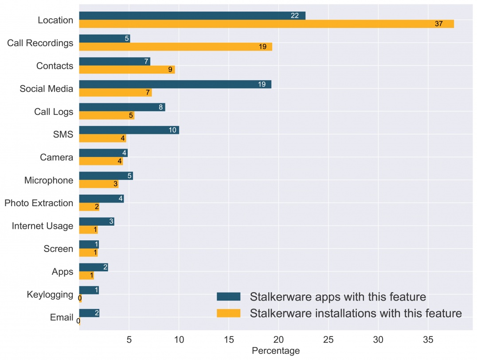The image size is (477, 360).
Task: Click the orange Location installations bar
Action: coord(266,24)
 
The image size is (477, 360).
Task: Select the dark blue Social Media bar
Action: coord(175,84)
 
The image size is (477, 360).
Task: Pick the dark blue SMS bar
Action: coord(129,130)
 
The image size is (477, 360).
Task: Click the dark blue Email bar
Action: coord(89,313)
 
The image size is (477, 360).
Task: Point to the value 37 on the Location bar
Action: coord(438,24)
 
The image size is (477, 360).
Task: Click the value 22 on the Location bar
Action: coord(295,16)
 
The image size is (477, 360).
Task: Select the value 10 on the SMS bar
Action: coord(173,130)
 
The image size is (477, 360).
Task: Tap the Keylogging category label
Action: coord(50,294)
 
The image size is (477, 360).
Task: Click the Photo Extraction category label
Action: coord(39,203)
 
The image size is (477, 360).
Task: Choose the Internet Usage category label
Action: coord(42,226)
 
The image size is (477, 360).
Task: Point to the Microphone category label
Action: coord(49,180)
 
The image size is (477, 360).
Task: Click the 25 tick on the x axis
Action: coord(328,340)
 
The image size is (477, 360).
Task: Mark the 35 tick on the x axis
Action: coord(428,340)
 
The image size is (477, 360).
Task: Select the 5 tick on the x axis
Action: coord(129,340)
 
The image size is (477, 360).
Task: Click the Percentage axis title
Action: coord(276,351)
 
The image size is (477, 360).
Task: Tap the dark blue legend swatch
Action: coord(228,296)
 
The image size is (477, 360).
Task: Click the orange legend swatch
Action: coord(228,313)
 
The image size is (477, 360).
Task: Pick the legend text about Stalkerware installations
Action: coord(356,313)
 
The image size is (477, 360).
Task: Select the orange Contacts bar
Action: coord(127,70)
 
